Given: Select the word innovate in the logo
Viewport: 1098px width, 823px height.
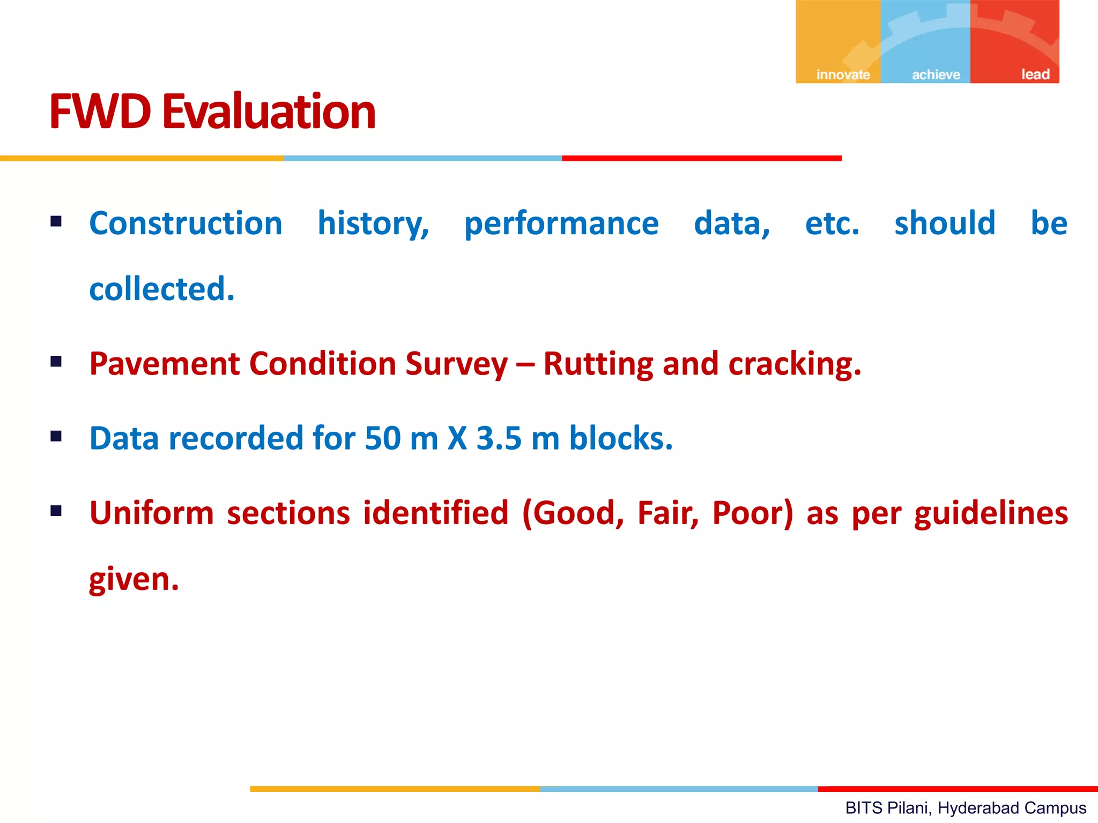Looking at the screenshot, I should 843,74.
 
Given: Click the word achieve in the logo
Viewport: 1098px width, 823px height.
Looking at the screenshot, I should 936,74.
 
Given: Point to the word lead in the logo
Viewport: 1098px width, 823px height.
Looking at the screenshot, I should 1035,74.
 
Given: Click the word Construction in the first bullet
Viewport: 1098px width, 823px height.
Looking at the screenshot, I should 186,223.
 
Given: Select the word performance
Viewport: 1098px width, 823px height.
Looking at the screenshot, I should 561,224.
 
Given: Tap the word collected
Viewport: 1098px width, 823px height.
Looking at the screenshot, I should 161,289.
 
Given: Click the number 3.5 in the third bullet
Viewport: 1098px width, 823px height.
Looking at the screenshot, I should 499,438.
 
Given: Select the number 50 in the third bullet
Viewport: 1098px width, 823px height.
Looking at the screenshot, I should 382,438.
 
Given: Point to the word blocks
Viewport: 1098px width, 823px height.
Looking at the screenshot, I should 620,438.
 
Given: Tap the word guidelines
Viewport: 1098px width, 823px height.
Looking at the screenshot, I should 991,513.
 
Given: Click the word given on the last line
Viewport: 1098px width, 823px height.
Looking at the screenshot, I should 133,580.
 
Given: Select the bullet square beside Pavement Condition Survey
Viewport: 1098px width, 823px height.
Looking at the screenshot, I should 56,362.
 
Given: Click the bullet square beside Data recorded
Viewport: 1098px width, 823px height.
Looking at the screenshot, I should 56,436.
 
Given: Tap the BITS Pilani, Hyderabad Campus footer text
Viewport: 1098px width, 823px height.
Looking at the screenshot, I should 965,807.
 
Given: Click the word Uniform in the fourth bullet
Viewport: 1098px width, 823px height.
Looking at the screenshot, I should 151,513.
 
